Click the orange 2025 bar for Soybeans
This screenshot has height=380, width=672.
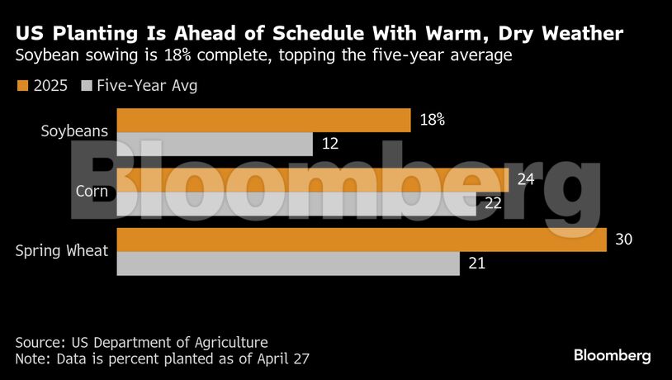click(263, 120)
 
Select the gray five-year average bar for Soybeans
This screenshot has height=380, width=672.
click(215, 144)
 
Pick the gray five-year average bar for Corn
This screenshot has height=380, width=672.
click(296, 204)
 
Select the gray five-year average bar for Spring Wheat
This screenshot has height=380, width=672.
click(288, 264)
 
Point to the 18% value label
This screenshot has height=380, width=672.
click(433, 120)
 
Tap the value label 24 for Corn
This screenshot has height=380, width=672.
click(526, 179)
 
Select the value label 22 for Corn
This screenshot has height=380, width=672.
click(494, 204)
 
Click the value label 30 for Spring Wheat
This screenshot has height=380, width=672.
click(624, 240)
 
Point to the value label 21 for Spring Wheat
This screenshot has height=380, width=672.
click(476, 264)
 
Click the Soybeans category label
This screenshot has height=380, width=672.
click(74, 131)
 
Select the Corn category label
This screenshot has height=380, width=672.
click(92, 191)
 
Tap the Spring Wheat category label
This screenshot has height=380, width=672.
click(62, 250)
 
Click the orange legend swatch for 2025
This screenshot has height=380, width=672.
click(22, 85)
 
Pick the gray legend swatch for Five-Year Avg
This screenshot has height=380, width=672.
click(87, 85)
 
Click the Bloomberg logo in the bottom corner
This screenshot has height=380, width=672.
click(612, 355)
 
